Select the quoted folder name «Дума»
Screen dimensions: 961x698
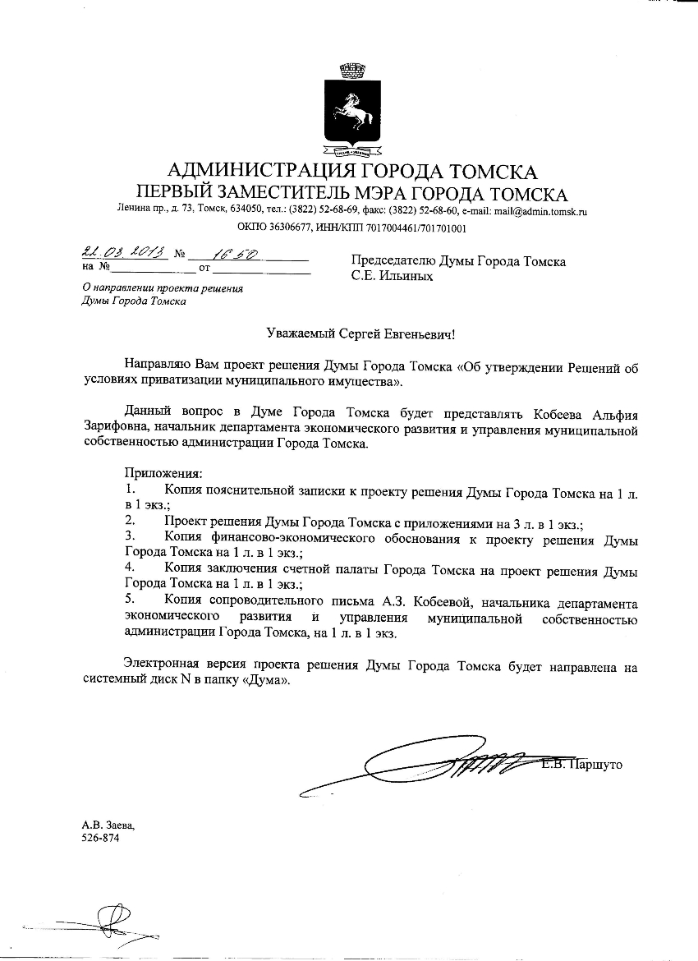tap(263, 681)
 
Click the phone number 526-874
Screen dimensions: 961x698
tap(99, 838)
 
